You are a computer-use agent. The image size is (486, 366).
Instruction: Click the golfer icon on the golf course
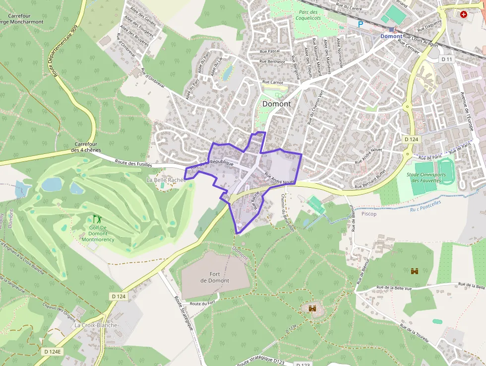click(97, 219)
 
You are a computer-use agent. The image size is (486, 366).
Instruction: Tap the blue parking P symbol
click(361, 24)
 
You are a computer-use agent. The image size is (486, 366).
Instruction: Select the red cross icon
click(464, 15)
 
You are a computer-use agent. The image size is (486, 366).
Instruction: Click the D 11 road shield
click(447, 59)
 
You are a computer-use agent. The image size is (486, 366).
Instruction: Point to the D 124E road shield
click(53, 351)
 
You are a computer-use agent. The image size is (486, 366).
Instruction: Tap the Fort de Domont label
click(215, 277)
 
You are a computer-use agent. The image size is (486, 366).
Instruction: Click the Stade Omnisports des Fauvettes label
click(426, 177)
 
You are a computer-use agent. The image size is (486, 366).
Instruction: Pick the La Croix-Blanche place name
click(96, 325)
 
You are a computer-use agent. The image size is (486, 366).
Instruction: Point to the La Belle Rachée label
click(166, 179)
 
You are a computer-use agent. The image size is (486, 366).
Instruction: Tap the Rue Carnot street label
click(272, 82)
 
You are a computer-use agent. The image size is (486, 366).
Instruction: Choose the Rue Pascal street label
click(270, 51)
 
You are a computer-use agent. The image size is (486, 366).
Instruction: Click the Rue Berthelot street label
click(273, 62)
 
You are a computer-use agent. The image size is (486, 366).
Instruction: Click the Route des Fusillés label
click(133, 162)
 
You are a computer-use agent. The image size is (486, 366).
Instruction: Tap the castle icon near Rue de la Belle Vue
click(415, 271)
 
